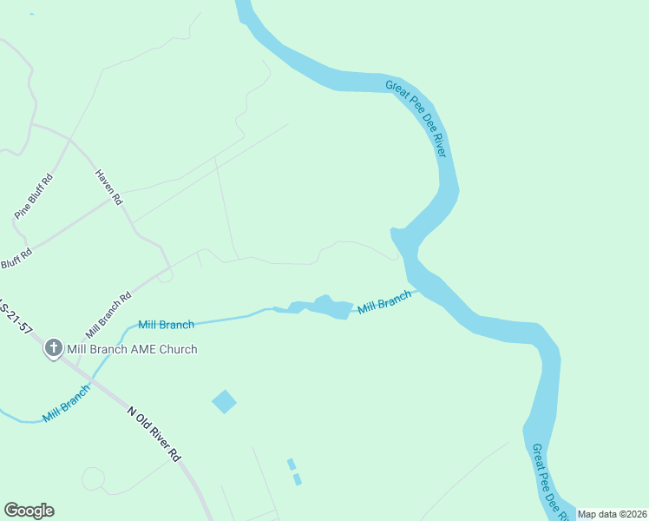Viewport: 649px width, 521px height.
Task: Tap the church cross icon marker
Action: (x=53, y=349)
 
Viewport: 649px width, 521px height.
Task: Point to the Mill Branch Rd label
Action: (x=108, y=314)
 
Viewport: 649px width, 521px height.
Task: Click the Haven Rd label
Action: (x=109, y=187)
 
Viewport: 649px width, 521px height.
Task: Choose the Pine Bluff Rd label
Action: (x=34, y=196)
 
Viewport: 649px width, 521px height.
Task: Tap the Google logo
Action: (x=29, y=511)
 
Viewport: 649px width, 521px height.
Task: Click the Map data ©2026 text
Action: (x=613, y=514)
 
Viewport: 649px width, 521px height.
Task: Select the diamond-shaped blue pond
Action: (x=224, y=401)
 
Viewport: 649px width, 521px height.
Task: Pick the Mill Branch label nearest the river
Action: (x=384, y=302)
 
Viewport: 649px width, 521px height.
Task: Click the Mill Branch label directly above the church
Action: (x=167, y=325)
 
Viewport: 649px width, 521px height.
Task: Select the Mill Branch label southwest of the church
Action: (x=66, y=402)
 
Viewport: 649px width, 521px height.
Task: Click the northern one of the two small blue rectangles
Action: (x=292, y=464)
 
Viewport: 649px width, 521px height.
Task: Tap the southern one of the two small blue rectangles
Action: (x=298, y=479)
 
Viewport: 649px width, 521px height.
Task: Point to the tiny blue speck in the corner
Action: (x=31, y=14)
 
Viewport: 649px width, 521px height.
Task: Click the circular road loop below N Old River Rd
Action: (x=93, y=478)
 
